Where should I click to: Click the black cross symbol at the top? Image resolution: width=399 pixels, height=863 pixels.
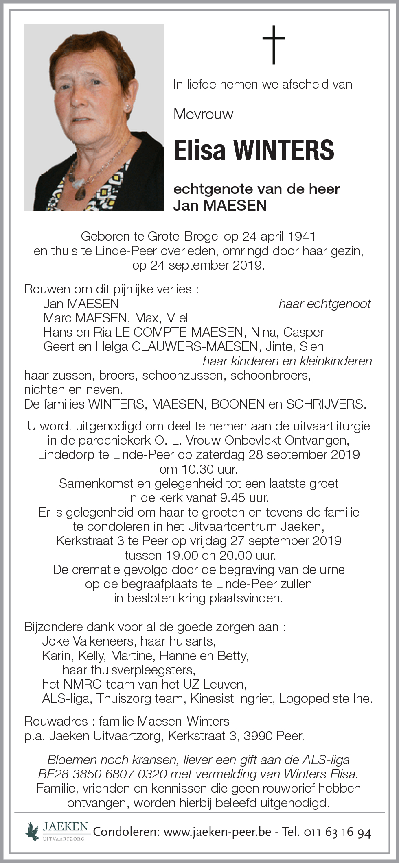tap(273, 44)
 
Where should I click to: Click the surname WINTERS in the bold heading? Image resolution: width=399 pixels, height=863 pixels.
tap(283, 150)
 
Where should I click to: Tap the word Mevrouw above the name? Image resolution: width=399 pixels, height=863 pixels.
tap(203, 114)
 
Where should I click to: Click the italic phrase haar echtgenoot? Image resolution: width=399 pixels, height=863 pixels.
tap(324, 304)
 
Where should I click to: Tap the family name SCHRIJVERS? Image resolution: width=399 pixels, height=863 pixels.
tap(325, 404)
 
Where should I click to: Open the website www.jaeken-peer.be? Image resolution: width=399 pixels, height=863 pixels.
tap(217, 832)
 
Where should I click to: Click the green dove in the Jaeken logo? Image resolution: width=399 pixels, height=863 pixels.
tap(32, 830)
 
